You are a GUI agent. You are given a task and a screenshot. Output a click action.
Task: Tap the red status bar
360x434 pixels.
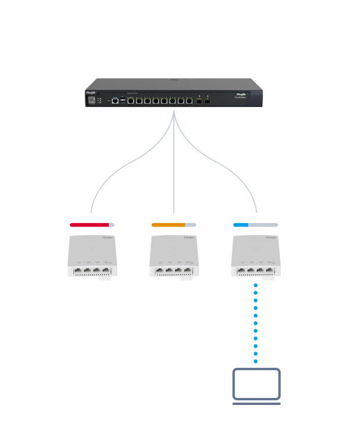coord(90,224)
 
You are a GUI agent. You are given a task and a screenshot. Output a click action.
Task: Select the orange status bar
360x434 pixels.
coord(168,224)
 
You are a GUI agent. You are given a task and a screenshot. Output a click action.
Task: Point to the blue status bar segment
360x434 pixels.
coord(241,224)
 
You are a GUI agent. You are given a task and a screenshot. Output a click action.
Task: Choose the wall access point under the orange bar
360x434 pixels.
coord(174,256)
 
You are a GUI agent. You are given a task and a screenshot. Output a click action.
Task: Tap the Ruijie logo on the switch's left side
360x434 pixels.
coord(91,92)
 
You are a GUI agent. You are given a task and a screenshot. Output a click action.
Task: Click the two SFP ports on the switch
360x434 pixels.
coord(203,101)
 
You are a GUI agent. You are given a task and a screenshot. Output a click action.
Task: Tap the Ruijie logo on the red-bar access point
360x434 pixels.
coord(107,238)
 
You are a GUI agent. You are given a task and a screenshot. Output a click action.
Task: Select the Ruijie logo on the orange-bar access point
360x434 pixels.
coord(189,238)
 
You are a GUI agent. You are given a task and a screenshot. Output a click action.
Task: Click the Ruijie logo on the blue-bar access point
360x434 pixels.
coord(271,238)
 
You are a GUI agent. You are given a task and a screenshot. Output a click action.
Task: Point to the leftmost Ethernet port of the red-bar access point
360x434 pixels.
coord(78,270)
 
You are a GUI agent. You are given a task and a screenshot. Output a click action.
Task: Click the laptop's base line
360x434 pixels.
coord(256,403)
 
